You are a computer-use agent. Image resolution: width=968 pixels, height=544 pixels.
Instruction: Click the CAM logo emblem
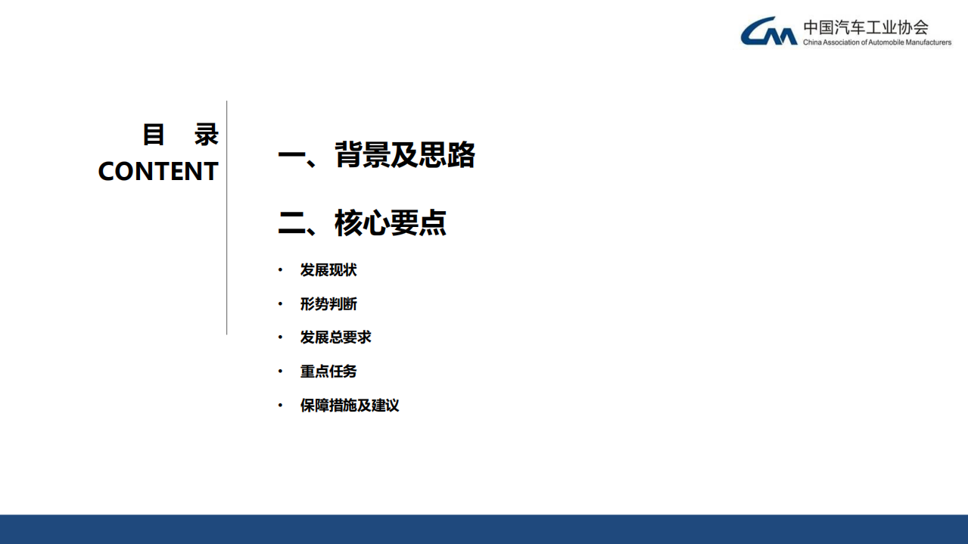768,32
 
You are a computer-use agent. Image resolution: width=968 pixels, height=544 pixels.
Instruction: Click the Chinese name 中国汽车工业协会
865,27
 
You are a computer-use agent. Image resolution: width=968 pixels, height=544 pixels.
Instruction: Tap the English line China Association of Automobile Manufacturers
876,42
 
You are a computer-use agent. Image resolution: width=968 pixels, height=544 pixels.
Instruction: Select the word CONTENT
158,172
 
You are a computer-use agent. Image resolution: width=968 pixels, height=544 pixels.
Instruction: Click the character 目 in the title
154,135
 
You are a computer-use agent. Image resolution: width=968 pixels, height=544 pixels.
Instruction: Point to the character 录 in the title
206,135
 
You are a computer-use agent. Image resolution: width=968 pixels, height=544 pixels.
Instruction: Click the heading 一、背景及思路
376,155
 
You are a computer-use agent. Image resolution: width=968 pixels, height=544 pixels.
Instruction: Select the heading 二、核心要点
363,223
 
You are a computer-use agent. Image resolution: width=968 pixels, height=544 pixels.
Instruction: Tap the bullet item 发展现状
328,270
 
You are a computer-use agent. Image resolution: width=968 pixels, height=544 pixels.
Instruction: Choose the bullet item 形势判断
328,304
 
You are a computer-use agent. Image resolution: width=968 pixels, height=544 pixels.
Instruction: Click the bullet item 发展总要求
335,337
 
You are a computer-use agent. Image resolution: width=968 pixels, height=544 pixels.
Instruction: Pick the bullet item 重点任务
328,371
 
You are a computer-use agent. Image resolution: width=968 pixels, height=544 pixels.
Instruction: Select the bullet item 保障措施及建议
349,406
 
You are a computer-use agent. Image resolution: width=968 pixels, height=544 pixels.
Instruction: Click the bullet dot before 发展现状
280,270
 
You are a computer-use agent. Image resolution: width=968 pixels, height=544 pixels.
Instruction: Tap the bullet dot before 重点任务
280,371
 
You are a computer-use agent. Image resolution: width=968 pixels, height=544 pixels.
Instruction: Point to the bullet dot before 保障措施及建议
280,406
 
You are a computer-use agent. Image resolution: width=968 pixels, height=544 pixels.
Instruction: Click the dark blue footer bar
484,529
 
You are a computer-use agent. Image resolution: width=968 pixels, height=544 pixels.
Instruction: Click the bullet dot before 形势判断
280,304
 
